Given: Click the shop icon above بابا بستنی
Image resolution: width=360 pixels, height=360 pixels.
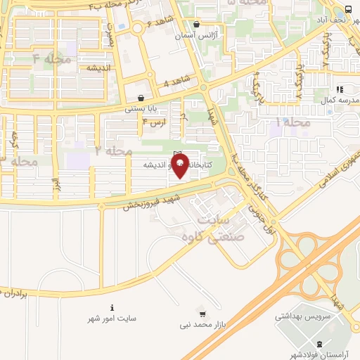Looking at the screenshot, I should (x=142, y=98).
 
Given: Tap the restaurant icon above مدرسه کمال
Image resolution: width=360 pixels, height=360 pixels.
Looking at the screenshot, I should (x=339, y=89).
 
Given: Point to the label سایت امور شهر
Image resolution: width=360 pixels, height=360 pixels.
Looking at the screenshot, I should (x=112, y=319).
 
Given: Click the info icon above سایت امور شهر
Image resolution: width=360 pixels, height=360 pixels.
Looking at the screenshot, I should (x=112, y=307).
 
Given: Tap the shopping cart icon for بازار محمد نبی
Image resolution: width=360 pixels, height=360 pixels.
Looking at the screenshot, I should (x=203, y=313).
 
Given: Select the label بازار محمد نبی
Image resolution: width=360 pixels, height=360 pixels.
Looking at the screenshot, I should (x=202, y=325).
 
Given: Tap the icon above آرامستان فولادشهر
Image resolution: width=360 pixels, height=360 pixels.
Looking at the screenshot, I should (x=321, y=344).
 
